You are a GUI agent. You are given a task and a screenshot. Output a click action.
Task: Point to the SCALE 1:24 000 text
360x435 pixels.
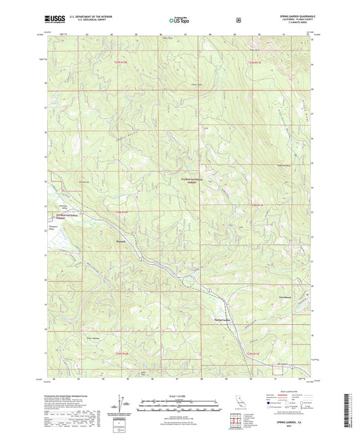click(x=180, y=396)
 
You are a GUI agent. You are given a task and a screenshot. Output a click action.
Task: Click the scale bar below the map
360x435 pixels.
click(x=180, y=403)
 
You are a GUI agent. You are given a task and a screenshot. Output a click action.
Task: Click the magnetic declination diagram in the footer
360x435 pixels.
click(x=122, y=404)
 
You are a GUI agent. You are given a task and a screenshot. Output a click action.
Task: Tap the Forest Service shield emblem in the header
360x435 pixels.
click(x=238, y=20)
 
